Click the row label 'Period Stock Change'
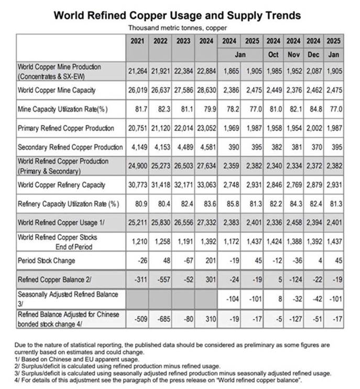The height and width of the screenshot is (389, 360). coord(47,261)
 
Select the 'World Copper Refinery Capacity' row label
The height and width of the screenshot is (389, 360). coord(62,185)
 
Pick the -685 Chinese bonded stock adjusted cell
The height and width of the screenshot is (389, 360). coord(162,318)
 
